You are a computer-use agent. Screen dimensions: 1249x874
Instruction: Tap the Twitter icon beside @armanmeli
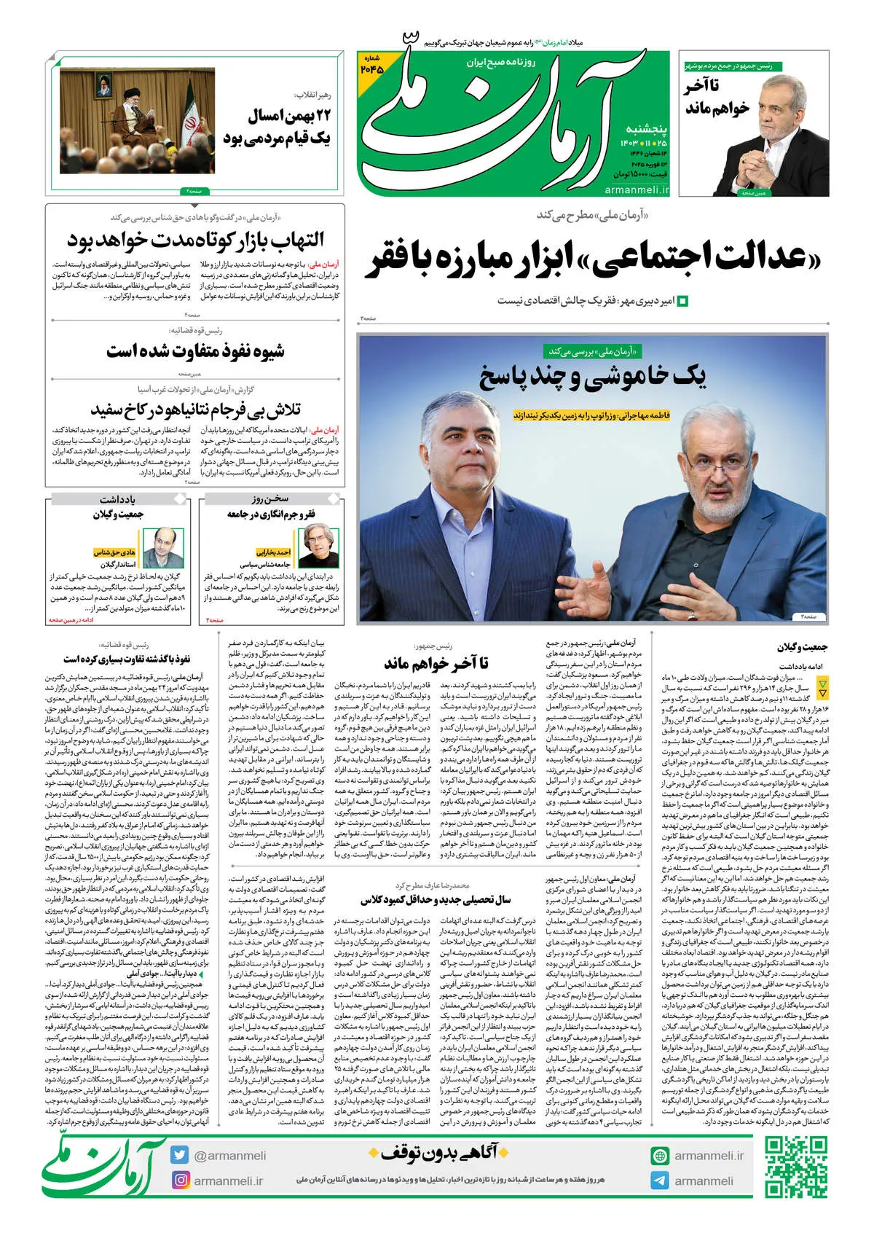(180, 1155)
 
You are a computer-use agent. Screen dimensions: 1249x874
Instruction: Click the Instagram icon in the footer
(180, 1180)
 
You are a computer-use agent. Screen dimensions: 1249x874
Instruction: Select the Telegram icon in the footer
(660, 1181)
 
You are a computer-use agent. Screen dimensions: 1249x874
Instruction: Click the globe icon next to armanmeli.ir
(660, 1156)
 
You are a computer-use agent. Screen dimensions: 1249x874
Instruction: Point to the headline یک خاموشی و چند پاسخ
(591, 376)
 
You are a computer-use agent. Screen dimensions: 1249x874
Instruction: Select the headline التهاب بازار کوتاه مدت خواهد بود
(195, 240)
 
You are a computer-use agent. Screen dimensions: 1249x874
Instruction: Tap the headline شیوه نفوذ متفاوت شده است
(195, 351)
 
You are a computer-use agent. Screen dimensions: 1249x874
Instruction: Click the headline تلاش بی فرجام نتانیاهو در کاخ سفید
(195, 410)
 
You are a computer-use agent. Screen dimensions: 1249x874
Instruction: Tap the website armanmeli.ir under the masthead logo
(636, 189)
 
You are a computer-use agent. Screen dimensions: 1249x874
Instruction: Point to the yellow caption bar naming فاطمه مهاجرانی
(591, 415)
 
